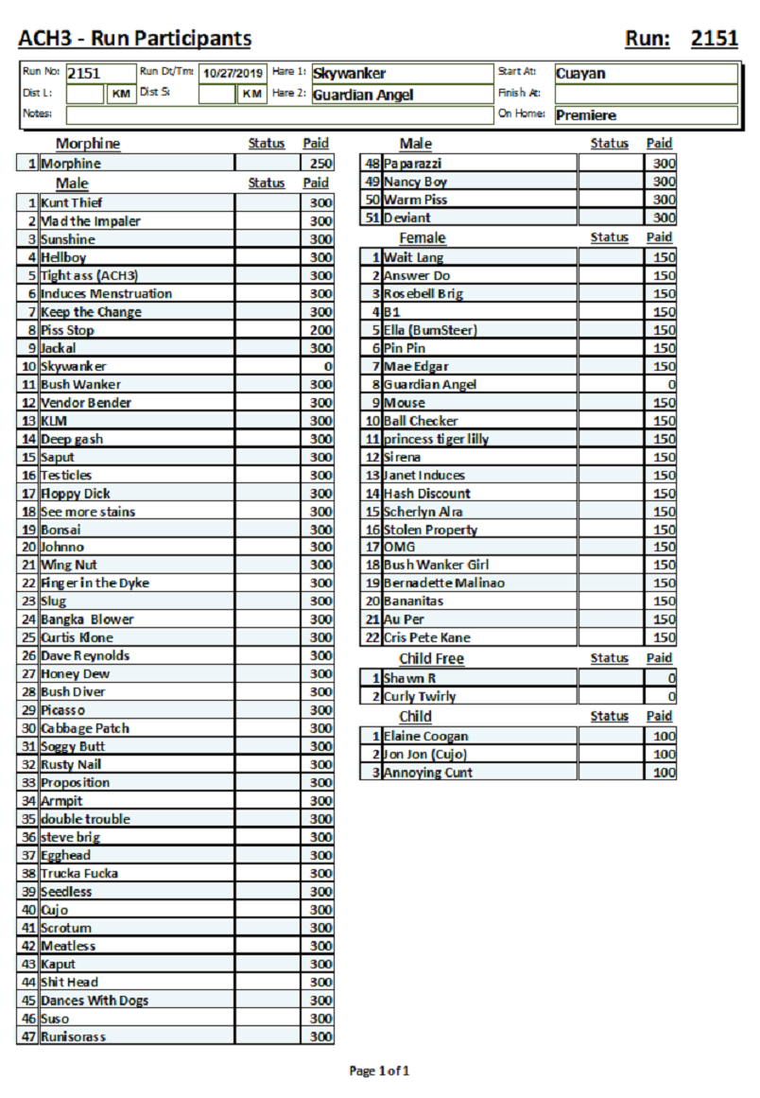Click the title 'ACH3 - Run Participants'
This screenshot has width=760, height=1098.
135,39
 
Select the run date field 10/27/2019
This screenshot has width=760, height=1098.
233,74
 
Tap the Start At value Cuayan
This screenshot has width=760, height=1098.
580,74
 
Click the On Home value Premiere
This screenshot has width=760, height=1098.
586,115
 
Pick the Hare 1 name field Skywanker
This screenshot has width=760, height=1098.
350,74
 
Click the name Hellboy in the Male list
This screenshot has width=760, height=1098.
63,257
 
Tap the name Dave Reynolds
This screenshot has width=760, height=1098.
85,655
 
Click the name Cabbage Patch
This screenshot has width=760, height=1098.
85,728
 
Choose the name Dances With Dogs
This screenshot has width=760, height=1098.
95,1001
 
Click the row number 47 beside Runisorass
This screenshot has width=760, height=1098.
27,1037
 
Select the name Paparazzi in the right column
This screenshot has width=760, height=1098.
413,164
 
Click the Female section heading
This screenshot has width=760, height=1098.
422,237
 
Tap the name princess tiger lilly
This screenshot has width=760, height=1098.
437,439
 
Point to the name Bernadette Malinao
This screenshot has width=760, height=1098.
444,584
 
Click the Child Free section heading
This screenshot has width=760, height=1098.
431,658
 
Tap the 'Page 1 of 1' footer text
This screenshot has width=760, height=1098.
379,1071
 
